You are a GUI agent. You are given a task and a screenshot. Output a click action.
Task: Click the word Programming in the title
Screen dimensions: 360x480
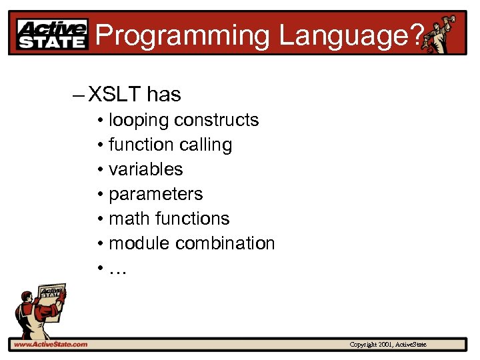click(x=183, y=35)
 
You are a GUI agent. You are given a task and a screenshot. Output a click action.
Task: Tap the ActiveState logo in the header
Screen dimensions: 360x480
click(x=52, y=34)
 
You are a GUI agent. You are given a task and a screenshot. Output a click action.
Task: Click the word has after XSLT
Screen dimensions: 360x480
click(x=164, y=95)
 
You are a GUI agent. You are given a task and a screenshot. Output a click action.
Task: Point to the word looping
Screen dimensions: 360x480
click(x=139, y=121)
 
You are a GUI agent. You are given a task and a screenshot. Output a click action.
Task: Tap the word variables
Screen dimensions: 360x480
click(x=145, y=169)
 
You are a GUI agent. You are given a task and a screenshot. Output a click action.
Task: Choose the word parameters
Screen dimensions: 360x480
click(x=155, y=195)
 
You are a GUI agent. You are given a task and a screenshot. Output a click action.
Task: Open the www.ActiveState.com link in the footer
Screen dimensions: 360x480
click(x=51, y=344)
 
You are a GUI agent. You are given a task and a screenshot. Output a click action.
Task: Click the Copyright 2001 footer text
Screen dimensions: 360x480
click(x=388, y=344)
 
